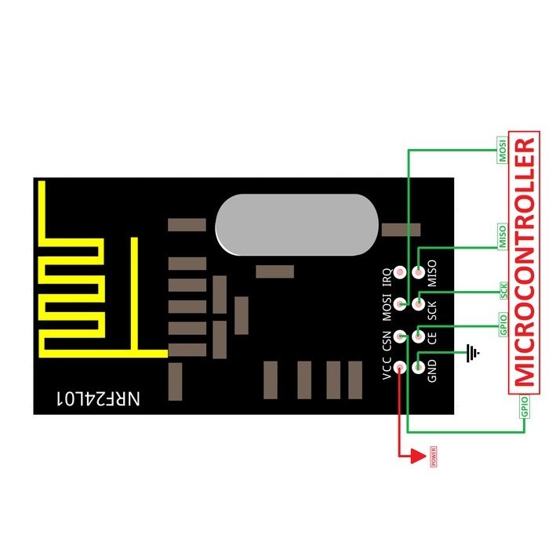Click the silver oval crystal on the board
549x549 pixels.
pyautogui.click(x=298, y=225)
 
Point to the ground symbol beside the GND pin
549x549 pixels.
pyautogui.click(x=471, y=354)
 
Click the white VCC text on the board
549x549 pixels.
pyautogui.click(x=386, y=368)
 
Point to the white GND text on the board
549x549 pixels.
pyautogui.click(x=432, y=368)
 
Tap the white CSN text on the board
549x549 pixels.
pyautogui.click(x=386, y=337)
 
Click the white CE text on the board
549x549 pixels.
pyautogui.click(x=432, y=336)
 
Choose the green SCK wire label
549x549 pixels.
pyautogui.click(x=504, y=291)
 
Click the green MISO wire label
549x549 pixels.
pyautogui.click(x=504, y=237)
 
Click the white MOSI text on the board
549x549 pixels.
pyautogui.click(x=386, y=306)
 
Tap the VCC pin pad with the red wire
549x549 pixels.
pyautogui.click(x=400, y=367)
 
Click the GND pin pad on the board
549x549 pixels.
pyautogui.click(x=418, y=367)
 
